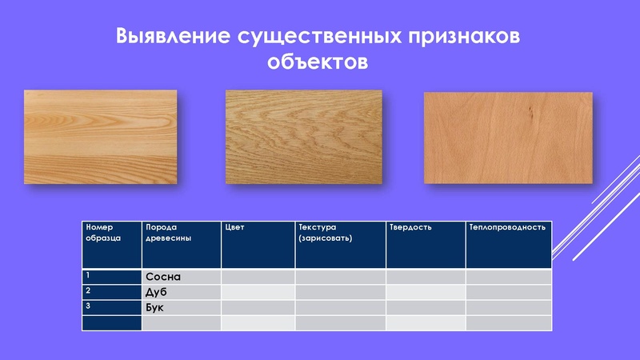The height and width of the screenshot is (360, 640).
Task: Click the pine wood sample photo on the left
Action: coord(100,137)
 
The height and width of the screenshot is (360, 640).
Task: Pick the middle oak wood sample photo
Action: coord(304,136)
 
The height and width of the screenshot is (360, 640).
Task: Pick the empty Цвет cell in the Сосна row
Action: coord(258,277)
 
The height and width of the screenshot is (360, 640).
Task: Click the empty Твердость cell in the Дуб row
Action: coord(426,292)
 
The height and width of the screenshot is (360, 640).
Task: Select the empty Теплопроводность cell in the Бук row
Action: coord(509,307)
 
